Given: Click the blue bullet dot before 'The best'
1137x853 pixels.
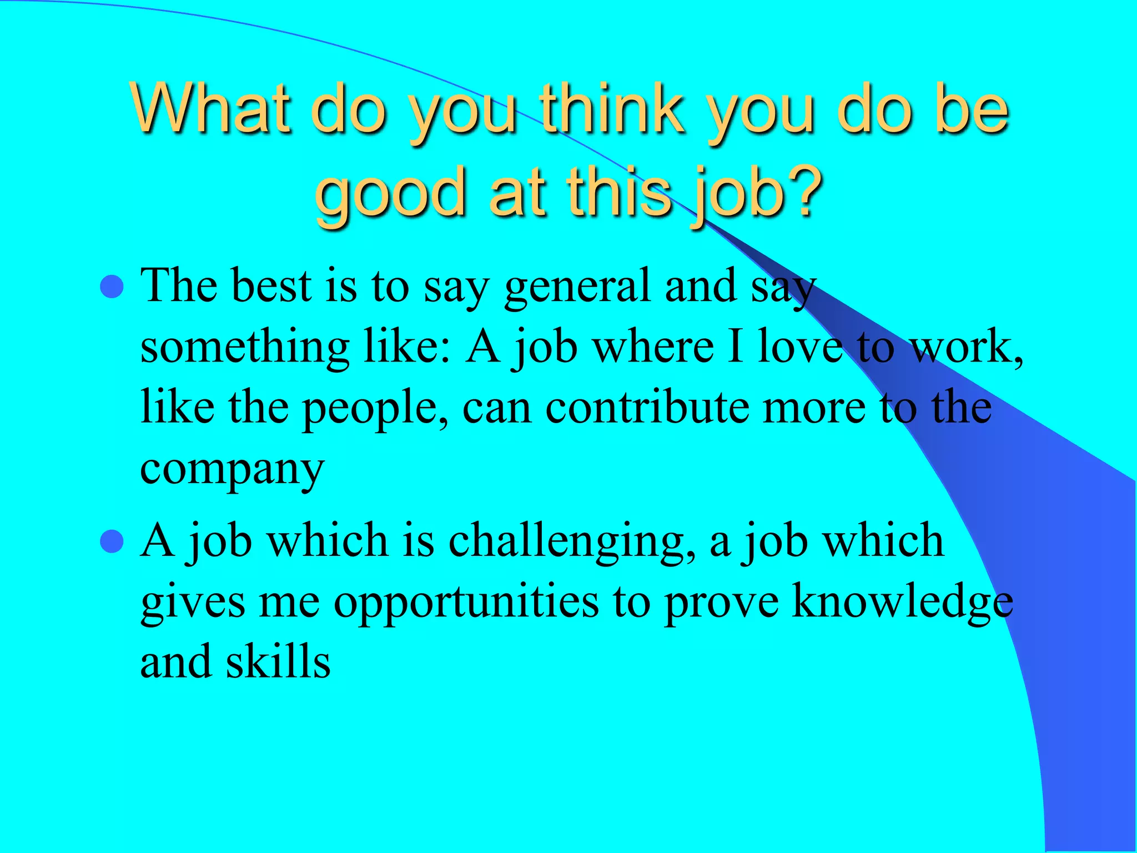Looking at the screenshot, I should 112,287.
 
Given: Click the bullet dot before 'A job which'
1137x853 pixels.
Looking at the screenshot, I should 112,541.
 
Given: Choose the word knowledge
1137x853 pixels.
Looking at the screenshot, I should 903,603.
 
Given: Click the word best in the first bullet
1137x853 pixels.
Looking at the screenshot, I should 271,286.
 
